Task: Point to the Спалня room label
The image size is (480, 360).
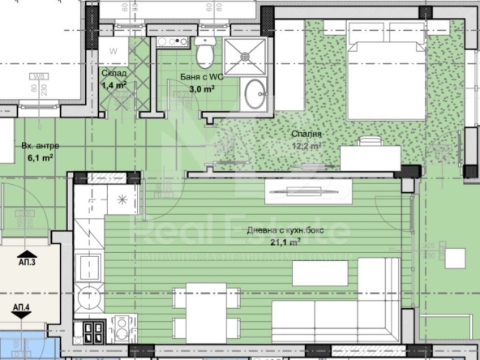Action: tap(307, 134)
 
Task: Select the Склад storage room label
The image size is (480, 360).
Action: tap(113, 72)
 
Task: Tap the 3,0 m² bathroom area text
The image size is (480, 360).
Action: tap(196, 89)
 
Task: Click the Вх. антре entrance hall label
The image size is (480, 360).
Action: tap(40, 147)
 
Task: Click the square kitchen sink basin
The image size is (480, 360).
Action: tap(87, 267)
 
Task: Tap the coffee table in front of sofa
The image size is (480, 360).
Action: tap(319, 273)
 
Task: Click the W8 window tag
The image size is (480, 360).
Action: tap(36, 79)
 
